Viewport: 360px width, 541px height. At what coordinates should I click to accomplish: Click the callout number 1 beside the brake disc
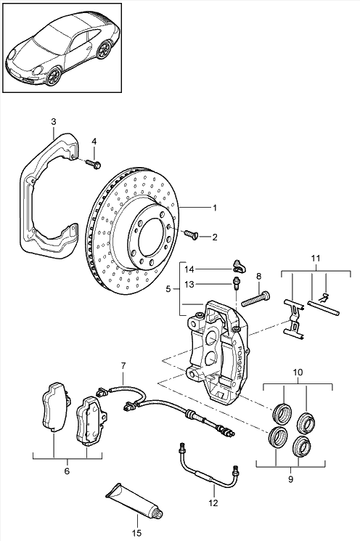click(215, 208)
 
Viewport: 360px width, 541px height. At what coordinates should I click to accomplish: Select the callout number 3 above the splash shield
click(54, 122)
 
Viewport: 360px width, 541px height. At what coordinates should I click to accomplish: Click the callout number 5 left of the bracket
click(168, 289)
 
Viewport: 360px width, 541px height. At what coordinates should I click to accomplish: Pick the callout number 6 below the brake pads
click(67, 471)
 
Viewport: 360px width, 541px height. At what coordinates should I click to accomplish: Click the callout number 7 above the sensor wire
click(123, 365)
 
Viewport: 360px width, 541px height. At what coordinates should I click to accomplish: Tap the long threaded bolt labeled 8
click(255, 298)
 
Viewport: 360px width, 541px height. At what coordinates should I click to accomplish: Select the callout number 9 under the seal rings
click(290, 479)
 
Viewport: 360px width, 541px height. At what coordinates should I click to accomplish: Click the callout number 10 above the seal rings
click(298, 373)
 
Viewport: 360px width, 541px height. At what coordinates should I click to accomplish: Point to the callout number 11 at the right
click(316, 258)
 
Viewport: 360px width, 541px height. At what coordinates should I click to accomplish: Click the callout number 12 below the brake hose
click(213, 503)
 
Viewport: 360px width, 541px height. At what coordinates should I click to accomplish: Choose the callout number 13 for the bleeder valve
click(189, 285)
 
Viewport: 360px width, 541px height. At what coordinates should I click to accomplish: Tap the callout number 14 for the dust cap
click(189, 269)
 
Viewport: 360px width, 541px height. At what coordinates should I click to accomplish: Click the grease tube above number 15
click(134, 500)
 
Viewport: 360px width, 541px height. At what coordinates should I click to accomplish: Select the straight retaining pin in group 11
click(324, 308)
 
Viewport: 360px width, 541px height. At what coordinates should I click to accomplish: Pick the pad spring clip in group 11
click(294, 319)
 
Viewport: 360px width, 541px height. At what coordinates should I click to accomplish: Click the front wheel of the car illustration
click(54, 76)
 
